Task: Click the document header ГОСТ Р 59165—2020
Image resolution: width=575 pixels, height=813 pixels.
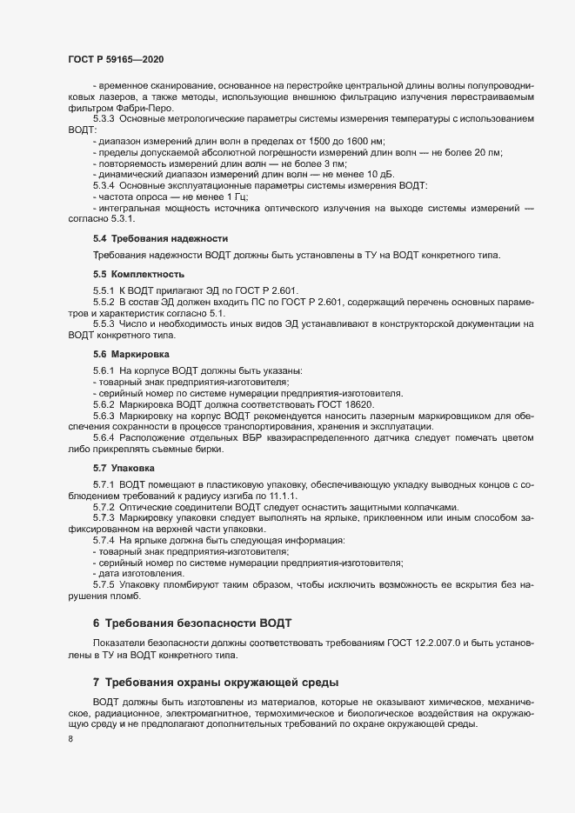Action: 116,59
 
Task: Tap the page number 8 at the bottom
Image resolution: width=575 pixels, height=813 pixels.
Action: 70,740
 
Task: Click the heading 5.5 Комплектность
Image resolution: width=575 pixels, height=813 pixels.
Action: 138,275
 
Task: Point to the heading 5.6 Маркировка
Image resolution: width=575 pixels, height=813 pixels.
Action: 136,355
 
